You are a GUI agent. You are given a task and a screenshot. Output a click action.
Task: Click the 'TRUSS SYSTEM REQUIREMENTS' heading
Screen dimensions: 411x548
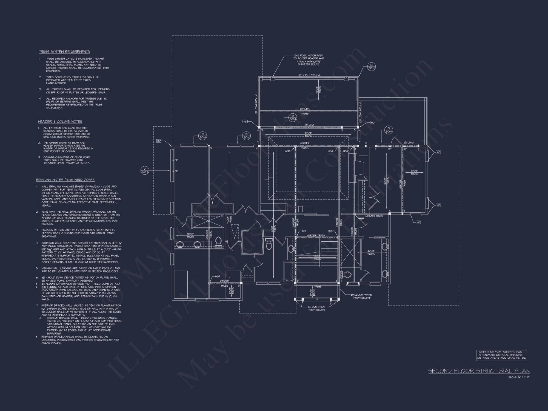[64, 52]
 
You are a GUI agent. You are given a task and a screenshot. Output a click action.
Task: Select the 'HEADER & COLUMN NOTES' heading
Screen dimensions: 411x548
[60, 122]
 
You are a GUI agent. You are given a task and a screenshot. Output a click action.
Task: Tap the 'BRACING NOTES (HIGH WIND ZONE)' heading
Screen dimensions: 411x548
[65, 180]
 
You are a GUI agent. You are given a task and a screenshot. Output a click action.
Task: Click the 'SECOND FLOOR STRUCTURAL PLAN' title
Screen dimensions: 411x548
[479, 371]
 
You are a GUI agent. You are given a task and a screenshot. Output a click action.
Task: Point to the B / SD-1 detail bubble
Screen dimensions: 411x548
[371, 67]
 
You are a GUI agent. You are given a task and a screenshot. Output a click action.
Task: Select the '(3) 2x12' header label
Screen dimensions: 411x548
[309, 125]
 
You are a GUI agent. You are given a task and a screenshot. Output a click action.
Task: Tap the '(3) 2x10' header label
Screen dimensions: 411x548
[409, 143]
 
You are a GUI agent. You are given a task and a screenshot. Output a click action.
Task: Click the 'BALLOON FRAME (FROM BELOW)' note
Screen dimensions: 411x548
[361, 296]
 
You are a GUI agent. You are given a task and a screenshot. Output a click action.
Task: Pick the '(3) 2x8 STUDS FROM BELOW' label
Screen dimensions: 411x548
[317, 308]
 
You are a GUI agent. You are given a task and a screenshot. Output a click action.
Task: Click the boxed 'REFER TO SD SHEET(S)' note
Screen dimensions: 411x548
[501, 355]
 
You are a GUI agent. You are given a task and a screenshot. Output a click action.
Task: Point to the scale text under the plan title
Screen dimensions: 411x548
[519, 377]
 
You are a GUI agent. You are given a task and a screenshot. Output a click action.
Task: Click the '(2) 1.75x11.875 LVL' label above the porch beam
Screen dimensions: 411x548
[310, 75]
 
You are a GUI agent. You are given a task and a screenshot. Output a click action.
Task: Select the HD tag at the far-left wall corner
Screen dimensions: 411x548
[159, 141]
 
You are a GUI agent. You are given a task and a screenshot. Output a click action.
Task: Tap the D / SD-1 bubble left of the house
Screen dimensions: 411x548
[145, 170]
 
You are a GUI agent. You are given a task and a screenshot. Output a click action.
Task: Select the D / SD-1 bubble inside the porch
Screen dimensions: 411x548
[292, 118]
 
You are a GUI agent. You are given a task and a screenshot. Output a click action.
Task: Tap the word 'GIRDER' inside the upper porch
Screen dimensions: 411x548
[305, 109]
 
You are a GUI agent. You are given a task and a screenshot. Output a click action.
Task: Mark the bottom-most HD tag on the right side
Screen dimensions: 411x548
[418, 222]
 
